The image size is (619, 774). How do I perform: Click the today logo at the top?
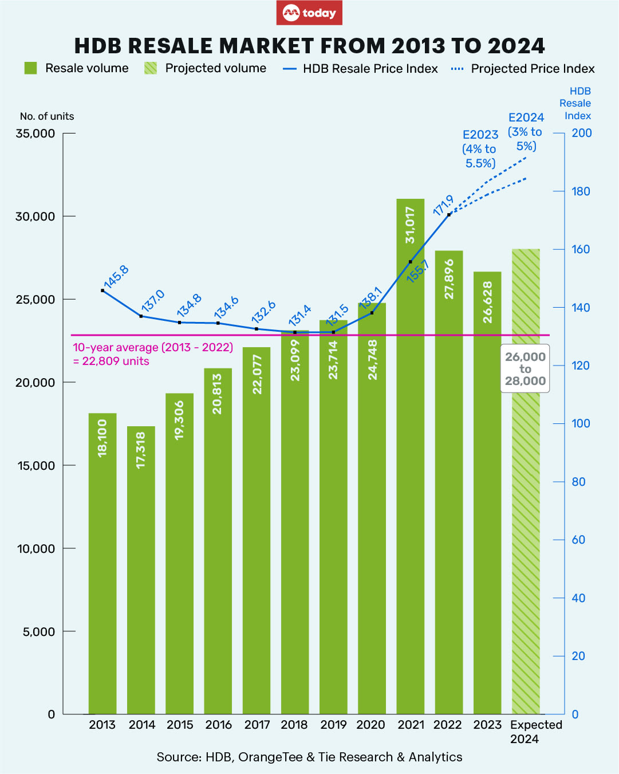309,13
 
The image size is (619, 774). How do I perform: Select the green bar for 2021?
411,458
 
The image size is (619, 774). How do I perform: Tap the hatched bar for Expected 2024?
526,516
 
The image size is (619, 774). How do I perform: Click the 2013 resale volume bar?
102,561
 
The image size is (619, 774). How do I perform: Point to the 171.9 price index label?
443,205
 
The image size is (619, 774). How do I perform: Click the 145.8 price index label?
116,277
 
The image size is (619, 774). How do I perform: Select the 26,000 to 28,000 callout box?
525,368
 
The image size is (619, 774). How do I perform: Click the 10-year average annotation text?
152,354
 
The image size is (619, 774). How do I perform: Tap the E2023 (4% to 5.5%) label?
480,149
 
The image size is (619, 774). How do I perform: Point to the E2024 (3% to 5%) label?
525,132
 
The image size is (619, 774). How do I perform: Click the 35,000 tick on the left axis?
36,133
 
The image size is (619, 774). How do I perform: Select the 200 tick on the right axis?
582,133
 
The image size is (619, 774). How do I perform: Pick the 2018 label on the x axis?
294,725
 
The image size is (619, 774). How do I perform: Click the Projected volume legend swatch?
150,68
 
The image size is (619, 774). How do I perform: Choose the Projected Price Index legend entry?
523,69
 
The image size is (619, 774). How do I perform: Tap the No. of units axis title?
47,116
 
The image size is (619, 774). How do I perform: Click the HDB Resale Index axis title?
576,103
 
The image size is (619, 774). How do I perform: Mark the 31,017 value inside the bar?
411,225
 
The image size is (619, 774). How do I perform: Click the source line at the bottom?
309,757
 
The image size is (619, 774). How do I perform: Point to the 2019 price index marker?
333,332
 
